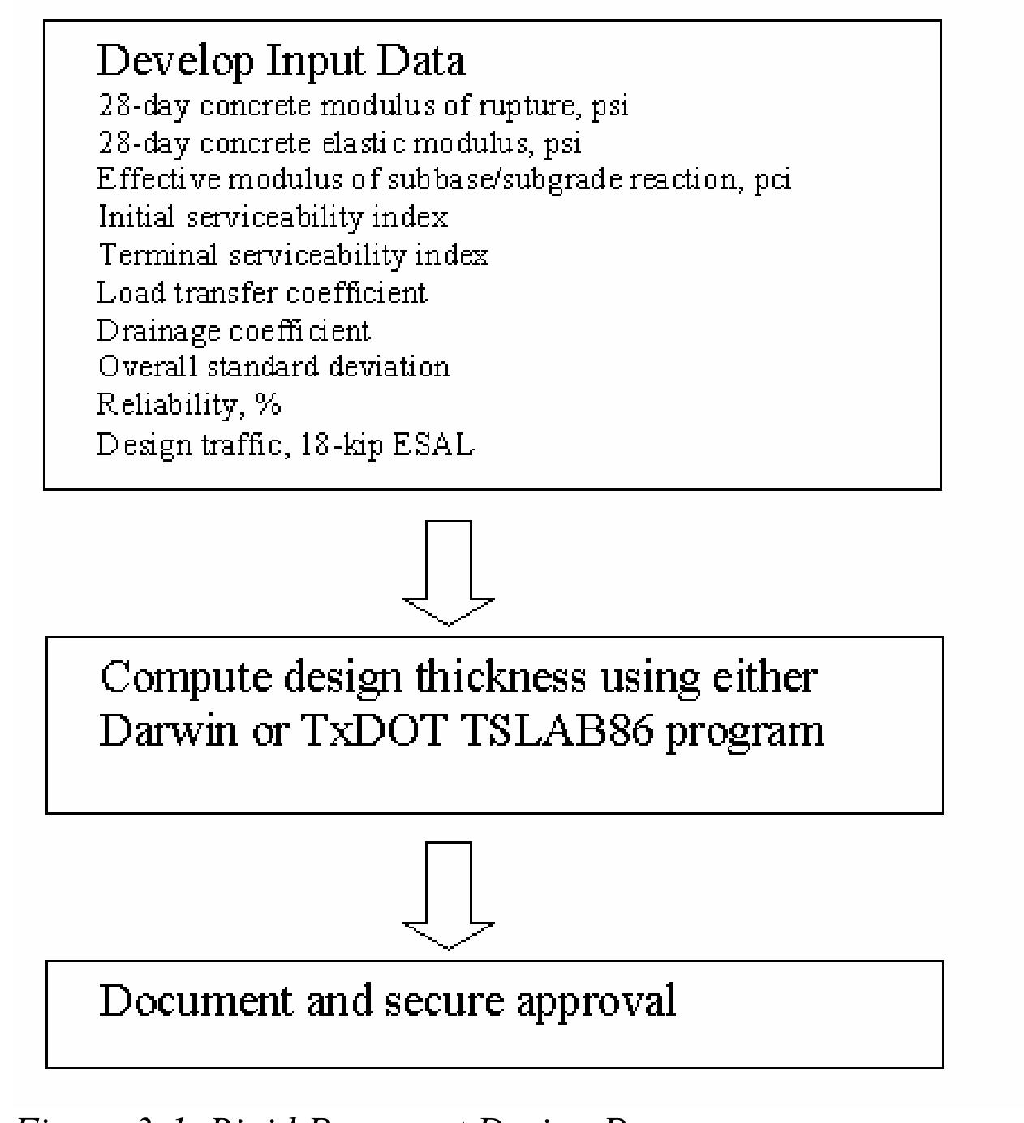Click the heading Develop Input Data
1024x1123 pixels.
[x=281, y=62]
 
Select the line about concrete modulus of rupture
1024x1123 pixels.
[x=363, y=106]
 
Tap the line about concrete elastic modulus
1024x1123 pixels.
[x=339, y=144]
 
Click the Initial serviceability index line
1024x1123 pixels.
[x=273, y=217]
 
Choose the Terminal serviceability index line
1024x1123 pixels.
[x=293, y=255]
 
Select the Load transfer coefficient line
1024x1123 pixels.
[x=261, y=292]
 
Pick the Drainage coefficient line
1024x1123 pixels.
[x=234, y=330]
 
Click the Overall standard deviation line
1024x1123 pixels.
[x=273, y=367]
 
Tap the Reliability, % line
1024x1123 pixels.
[x=189, y=404]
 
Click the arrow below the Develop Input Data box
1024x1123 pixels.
[x=449, y=572]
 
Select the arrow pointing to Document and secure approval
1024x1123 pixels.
[x=449, y=895]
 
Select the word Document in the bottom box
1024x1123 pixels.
[x=195, y=1000]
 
